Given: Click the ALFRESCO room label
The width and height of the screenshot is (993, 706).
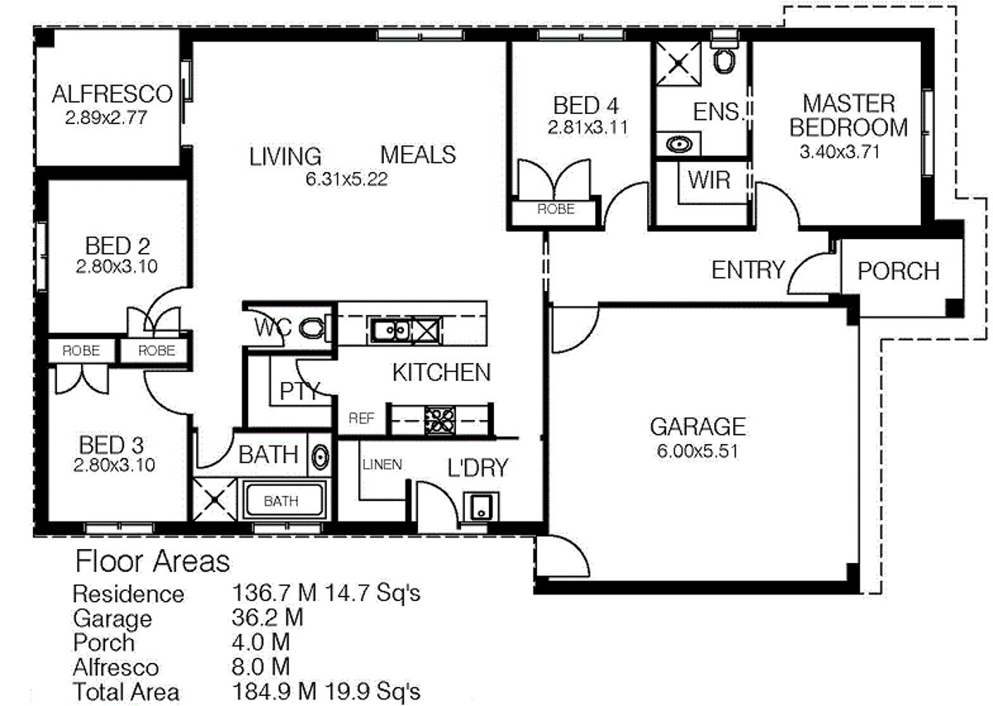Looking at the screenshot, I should pyautogui.click(x=112, y=94).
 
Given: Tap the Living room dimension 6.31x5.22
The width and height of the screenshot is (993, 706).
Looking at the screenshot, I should pyautogui.click(x=347, y=179).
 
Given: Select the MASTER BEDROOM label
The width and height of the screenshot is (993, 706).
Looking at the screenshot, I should pyautogui.click(x=848, y=115).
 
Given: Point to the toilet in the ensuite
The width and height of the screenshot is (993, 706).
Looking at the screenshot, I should pyautogui.click(x=725, y=61).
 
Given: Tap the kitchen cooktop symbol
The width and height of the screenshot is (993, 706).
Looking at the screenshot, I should pyautogui.click(x=439, y=420).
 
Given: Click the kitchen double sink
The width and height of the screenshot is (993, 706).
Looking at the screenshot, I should pyautogui.click(x=390, y=331).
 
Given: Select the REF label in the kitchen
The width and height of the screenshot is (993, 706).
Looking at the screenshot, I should pyautogui.click(x=362, y=419).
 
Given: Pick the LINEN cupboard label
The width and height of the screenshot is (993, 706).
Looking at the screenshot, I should pyautogui.click(x=381, y=465).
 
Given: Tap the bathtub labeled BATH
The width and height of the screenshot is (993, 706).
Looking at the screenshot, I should pyautogui.click(x=281, y=501).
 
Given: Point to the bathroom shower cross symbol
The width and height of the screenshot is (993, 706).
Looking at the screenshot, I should pyautogui.click(x=214, y=500).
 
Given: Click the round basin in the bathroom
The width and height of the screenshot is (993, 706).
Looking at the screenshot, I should pyautogui.click(x=320, y=456).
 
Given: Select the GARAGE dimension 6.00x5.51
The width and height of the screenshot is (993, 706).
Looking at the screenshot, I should pyautogui.click(x=697, y=451).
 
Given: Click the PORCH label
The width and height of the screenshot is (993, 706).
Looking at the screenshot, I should pyautogui.click(x=898, y=271).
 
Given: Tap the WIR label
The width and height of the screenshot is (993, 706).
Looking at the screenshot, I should pyautogui.click(x=708, y=179).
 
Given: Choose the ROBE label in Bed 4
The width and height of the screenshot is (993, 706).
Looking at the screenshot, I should pyautogui.click(x=555, y=210).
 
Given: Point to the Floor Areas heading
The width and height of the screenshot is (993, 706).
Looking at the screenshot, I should pyautogui.click(x=152, y=562).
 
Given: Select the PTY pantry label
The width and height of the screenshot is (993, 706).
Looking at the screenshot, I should pyautogui.click(x=300, y=390).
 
